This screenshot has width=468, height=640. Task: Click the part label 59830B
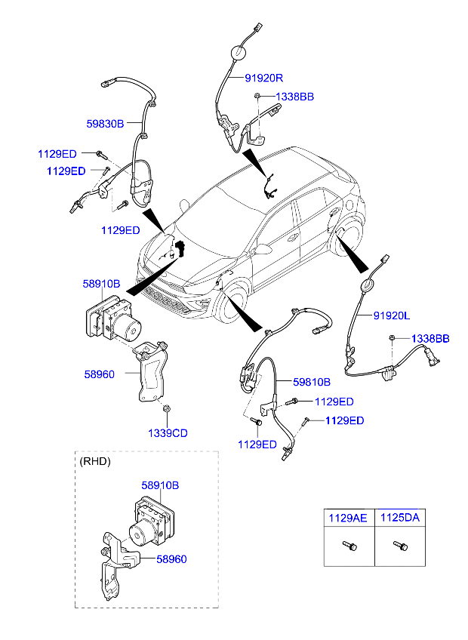point(105,124)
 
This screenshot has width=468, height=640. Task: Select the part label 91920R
point(263,78)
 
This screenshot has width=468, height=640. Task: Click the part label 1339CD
point(168,432)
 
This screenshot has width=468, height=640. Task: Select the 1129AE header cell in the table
point(346,518)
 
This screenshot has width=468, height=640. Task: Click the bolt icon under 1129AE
point(349,545)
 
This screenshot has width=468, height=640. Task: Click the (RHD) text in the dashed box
point(95,461)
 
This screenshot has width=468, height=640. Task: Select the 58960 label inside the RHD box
point(171,559)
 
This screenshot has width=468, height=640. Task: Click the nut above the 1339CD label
point(167,411)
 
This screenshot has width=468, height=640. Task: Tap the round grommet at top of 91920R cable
point(237,52)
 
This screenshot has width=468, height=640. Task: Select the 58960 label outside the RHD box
point(99,374)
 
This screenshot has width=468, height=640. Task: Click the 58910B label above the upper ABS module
point(101,285)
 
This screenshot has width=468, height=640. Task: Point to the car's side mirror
point(263,248)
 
